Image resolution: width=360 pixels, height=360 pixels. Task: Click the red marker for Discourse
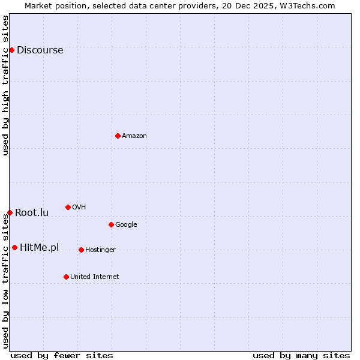(11, 50)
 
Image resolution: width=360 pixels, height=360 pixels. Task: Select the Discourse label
(40, 50)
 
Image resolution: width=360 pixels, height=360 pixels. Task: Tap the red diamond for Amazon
(118, 136)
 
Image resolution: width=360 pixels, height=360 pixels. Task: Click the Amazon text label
(134, 136)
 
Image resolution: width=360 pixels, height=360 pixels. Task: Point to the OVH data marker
(68, 207)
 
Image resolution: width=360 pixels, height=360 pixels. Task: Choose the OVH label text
(79, 208)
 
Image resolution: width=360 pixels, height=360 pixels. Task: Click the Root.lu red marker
(10, 212)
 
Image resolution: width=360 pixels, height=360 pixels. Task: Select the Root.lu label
(32, 213)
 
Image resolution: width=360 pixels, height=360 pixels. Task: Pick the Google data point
(111, 224)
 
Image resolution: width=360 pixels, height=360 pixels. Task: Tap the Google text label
(126, 225)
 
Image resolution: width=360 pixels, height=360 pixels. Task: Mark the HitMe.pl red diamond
(14, 247)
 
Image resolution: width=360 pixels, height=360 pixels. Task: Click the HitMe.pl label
(39, 248)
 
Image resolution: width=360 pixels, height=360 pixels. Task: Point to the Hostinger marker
(81, 250)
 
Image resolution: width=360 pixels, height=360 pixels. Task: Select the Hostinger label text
(100, 250)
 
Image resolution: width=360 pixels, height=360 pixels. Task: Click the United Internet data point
(66, 277)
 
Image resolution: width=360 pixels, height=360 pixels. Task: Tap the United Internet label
(94, 277)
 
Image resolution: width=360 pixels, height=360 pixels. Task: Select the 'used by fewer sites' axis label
(62, 355)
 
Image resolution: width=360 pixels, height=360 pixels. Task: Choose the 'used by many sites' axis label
(301, 355)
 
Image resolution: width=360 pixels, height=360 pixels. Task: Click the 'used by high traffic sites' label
(5, 85)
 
